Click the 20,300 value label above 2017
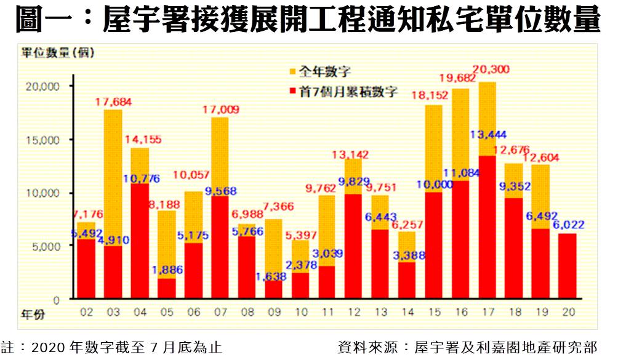click(x=492, y=70)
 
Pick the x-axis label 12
click(x=353, y=313)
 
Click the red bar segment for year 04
click(x=140, y=241)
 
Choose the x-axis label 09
click(x=273, y=313)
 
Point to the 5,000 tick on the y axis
click(x=44, y=246)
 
